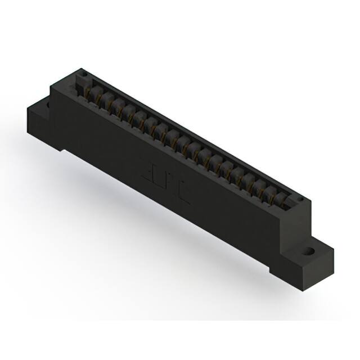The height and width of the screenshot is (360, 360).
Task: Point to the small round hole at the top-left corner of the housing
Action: (82, 73)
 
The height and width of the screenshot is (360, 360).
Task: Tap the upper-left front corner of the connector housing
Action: (52, 86)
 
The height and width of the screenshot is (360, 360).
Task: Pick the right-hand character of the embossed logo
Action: (183, 192)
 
